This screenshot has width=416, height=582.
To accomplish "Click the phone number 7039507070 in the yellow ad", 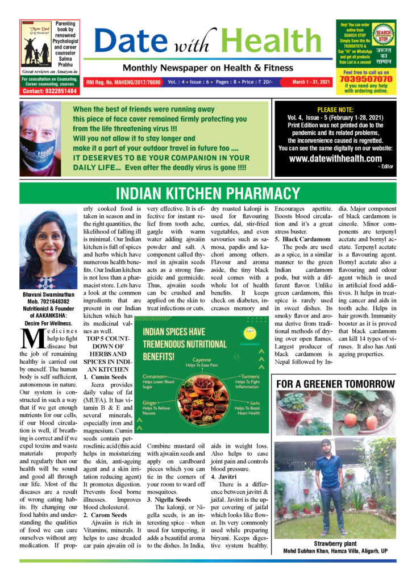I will tap(366, 80).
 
